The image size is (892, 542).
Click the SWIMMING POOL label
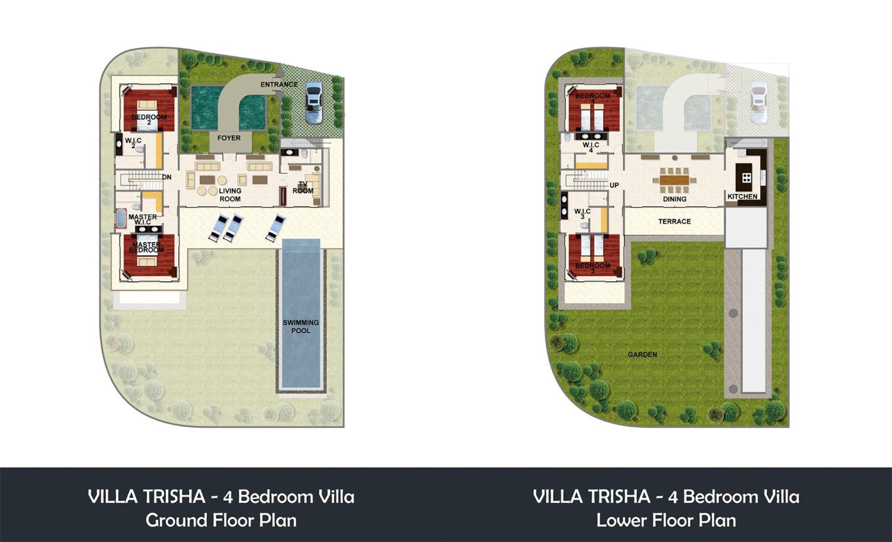tap(301, 327)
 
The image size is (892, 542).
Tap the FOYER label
tap(229, 138)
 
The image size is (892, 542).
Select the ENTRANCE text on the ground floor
tap(279, 84)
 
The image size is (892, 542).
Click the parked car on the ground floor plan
tap(314, 103)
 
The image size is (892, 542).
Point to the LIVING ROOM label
tap(230, 195)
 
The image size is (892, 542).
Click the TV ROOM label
tap(303, 187)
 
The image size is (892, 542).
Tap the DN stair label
tap(167, 177)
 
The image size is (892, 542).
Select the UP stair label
tap(614, 185)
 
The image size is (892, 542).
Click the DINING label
tap(674, 199)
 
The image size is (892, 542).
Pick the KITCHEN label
tap(743, 196)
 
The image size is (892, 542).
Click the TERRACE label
tap(674, 221)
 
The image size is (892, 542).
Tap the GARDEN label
tap(642, 355)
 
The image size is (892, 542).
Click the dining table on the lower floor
tap(674, 180)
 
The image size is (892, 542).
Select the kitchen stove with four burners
tap(747, 178)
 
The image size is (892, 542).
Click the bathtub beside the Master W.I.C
tap(121, 219)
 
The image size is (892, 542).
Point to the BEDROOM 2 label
tap(149, 120)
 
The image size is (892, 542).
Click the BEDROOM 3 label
tap(593, 268)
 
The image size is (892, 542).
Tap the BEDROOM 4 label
tap(593, 98)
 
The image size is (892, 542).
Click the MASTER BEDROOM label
tap(146, 247)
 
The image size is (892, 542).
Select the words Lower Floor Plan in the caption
tap(666, 520)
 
